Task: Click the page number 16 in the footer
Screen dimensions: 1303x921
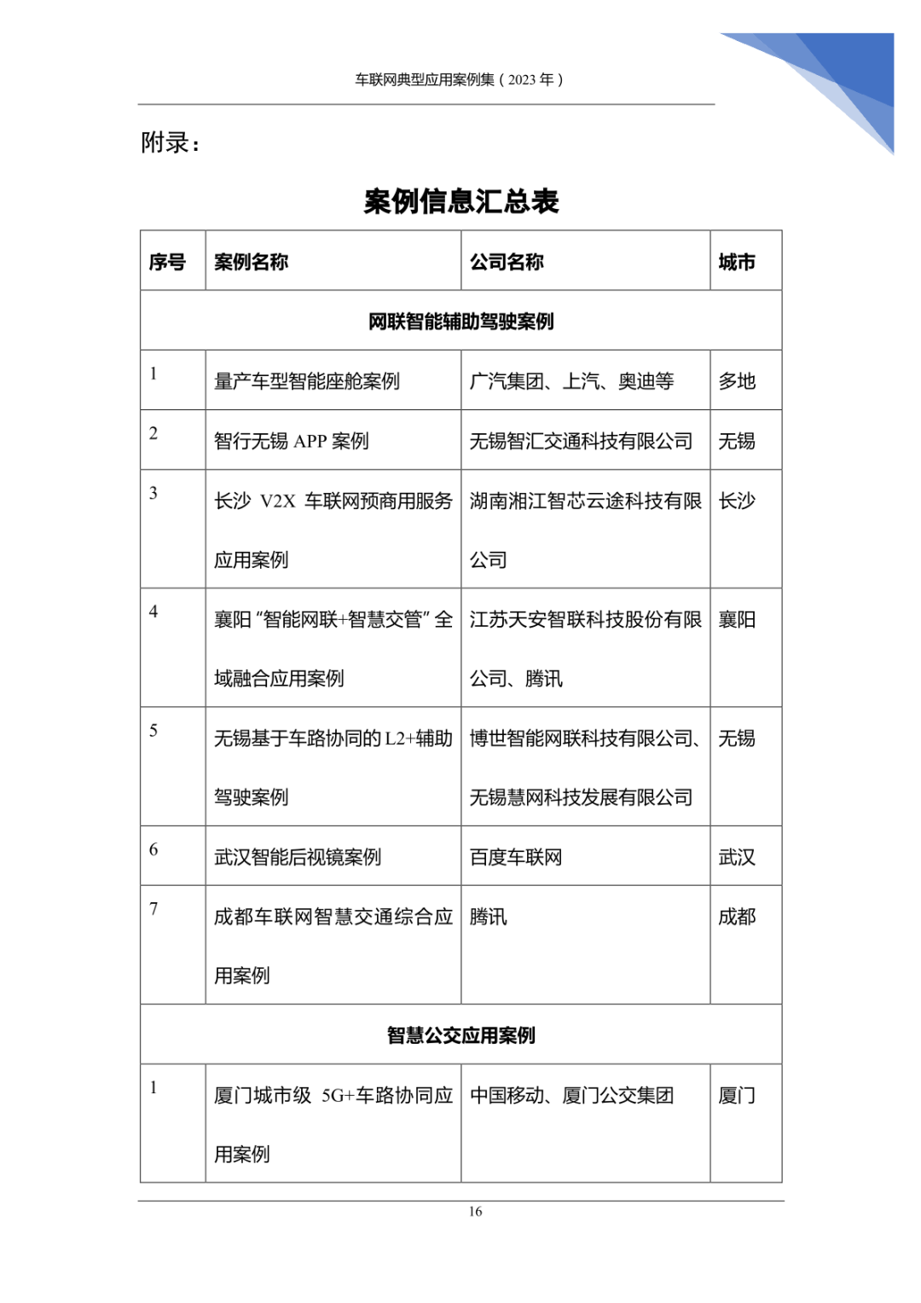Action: pos(475,1211)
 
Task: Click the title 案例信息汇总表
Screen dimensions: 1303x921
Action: pos(460,201)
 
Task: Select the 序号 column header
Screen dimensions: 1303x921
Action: pos(167,262)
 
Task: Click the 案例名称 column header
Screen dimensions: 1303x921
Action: pos(251,262)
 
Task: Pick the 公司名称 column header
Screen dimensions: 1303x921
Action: pos(507,262)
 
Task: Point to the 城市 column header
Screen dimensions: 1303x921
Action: pos(737,262)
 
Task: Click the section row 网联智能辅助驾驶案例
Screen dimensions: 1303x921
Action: pos(460,321)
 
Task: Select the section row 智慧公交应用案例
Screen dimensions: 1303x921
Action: pos(460,1035)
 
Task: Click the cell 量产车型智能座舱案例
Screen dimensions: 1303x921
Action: pos(307,381)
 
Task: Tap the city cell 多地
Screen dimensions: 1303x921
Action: pos(737,381)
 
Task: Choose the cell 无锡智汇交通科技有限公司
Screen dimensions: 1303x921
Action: pos(581,441)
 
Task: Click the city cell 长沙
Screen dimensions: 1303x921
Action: pos(737,501)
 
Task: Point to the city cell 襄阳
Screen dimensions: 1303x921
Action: pos(737,620)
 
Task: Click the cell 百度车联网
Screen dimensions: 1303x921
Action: pos(516,857)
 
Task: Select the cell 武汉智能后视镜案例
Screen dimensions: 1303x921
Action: pos(298,857)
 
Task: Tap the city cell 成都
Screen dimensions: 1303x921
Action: pos(737,917)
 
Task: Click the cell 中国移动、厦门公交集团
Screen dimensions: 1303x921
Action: pos(571,1095)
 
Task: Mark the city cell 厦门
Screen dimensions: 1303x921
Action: pos(737,1095)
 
